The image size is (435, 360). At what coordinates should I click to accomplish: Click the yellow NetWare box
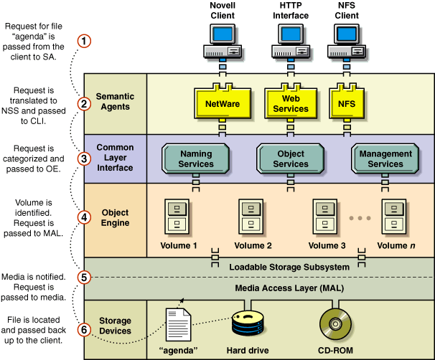click(x=223, y=103)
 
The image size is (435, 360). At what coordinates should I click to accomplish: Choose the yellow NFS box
click(x=347, y=103)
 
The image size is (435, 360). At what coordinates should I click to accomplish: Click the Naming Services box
click(x=196, y=158)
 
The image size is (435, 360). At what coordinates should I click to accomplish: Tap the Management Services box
click(x=385, y=158)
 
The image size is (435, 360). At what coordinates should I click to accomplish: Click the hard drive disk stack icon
click(x=248, y=326)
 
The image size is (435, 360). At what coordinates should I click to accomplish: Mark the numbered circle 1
click(x=85, y=41)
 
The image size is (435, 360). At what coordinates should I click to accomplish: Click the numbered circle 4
click(x=85, y=217)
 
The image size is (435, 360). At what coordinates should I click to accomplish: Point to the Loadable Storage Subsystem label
click(x=289, y=267)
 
